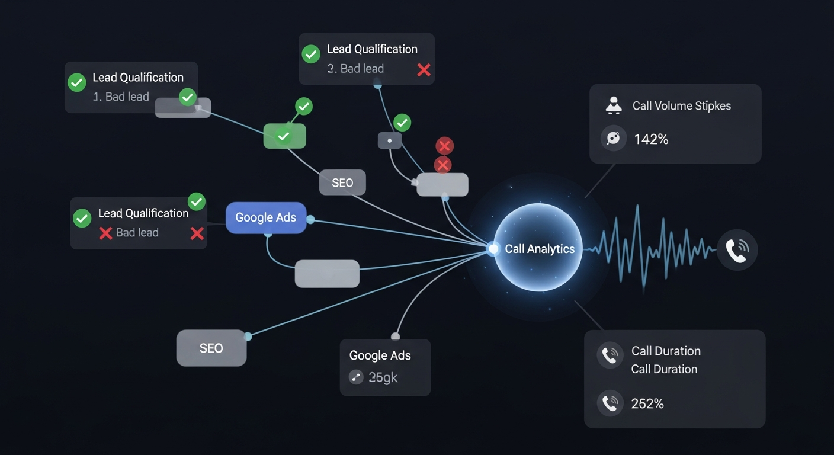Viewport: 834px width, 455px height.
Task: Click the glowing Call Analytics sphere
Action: pyautogui.click(x=538, y=248)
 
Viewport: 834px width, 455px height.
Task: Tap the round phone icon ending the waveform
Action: pyautogui.click(x=737, y=251)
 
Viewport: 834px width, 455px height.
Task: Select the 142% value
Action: pyautogui.click(x=651, y=139)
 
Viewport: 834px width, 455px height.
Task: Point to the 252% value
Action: pyautogui.click(x=647, y=404)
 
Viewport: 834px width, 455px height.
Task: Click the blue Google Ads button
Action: pyautogui.click(x=265, y=217)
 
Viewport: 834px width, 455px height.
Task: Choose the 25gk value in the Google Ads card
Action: pyautogui.click(x=383, y=377)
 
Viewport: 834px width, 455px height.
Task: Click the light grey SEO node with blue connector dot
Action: pyautogui.click(x=211, y=348)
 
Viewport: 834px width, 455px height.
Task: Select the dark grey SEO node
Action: pyautogui.click(x=342, y=182)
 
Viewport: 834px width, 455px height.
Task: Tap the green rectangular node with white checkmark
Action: pyautogui.click(x=284, y=136)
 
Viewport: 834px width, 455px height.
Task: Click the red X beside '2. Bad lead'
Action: pyautogui.click(x=424, y=70)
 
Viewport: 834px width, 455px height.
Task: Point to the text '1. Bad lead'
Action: pyautogui.click(x=121, y=97)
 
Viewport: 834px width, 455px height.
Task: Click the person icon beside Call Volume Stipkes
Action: pyautogui.click(x=613, y=105)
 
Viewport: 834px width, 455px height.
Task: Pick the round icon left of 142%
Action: pyautogui.click(x=613, y=139)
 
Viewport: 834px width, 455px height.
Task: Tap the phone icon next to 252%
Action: pyautogui.click(x=610, y=403)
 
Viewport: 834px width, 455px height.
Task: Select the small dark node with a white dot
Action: pyautogui.click(x=389, y=141)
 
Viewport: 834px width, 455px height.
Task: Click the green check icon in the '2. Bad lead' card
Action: pyautogui.click(x=311, y=54)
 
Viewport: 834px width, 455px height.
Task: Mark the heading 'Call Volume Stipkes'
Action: pyautogui.click(x=681, y=106)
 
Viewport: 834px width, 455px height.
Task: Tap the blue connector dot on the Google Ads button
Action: pyautogui.click(x=310, y=220)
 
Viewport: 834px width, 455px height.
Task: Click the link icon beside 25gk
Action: pyautogui.click(x=356, y=377)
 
